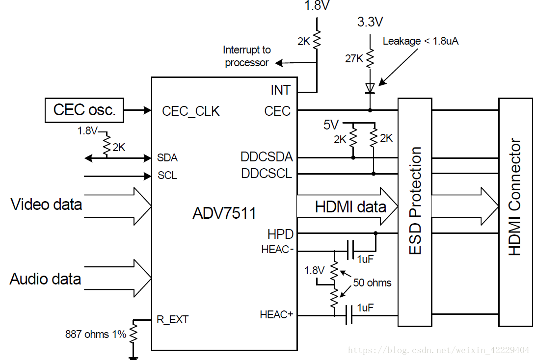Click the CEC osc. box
84,110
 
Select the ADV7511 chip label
224,213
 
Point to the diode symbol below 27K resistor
370,88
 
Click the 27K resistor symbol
370,58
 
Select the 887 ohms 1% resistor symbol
133,333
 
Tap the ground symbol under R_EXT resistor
133,358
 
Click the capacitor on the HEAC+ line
349,315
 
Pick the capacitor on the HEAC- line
349,250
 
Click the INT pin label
280,90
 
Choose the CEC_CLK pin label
191,111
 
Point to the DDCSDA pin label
267,157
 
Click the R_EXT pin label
172,320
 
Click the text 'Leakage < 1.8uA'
420,41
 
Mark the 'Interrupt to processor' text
246,56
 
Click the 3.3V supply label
370,22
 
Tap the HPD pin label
280,234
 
